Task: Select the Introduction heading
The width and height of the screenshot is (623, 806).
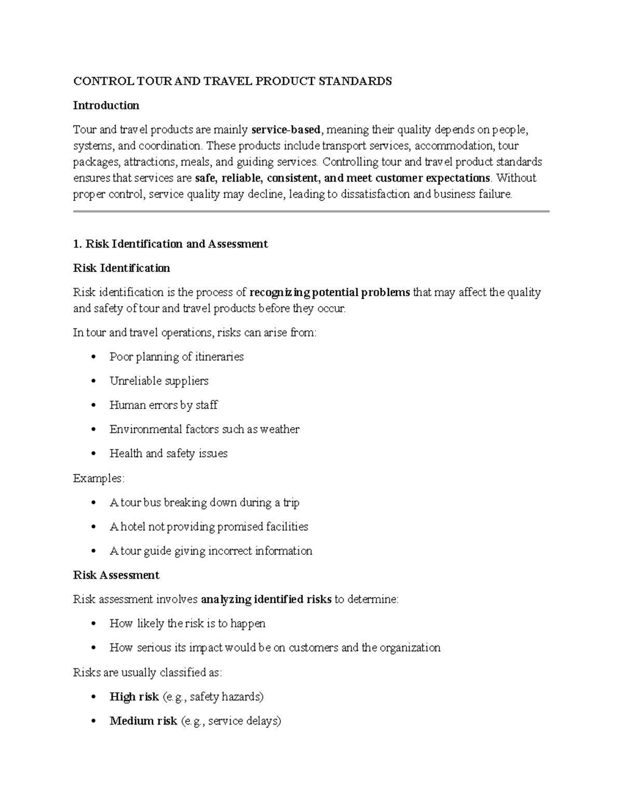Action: click(x=106, y=105)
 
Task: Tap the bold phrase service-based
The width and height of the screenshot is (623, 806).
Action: click(x=286, y=130)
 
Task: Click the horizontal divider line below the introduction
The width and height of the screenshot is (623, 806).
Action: click(x=311, y=211)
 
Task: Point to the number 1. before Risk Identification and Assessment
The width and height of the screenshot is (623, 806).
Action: click(x=78, y=244)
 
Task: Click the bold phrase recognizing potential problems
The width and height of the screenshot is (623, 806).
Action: click(x=329, y=293)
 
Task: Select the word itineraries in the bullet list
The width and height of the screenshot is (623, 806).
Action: click(x=219, y=357)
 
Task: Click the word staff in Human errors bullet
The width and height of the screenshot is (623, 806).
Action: click(x=207, y=405)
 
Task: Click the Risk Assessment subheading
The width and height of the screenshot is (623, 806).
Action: click(x=116, y=575)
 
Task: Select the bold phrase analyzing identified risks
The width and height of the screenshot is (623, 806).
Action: click(x=266, y=599)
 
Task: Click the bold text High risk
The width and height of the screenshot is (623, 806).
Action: click(x=134, y=696)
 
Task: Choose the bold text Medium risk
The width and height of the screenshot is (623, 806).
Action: click(x=143, y=721)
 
